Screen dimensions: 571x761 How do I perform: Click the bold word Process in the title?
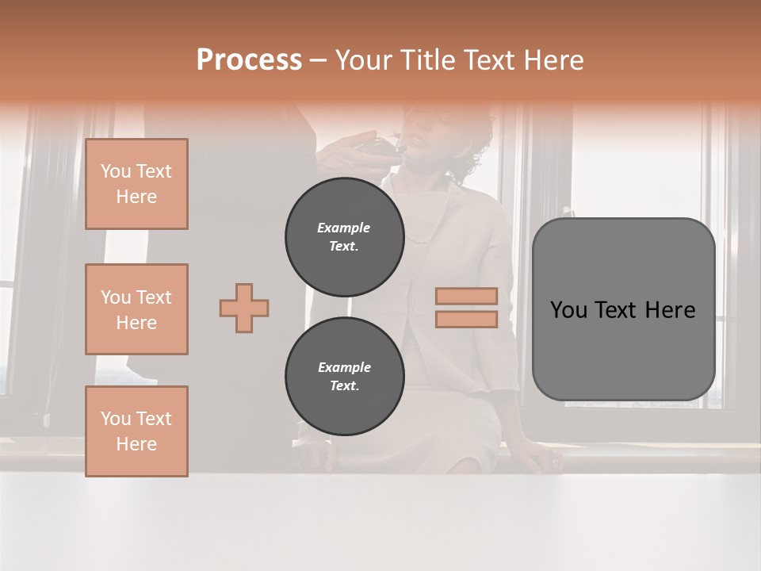click(x=249, y=60)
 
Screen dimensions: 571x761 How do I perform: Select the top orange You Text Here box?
click(x=136, y=184)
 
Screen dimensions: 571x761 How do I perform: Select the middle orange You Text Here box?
click(x=136, y=309)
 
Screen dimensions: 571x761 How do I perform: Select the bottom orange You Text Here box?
click(x=136, y=431)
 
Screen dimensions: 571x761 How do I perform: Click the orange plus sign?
click(x=244, y=308)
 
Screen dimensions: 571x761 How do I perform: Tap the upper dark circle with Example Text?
click(x=344, y=237)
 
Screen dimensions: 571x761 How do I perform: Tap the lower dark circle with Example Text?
click(x=344, y=377)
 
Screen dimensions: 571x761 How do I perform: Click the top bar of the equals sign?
click(x=467, y=296)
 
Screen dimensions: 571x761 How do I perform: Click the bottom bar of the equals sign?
click(x=467, y=320)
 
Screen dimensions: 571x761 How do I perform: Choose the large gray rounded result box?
click(x=623, y=308)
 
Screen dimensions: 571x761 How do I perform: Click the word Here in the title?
click(x=553, y=60)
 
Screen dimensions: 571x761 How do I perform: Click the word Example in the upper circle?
click(x=344, y=228)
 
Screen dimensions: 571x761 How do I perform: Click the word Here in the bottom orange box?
click(x=136, y=444)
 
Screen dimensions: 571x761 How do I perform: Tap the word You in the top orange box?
click(x=116, y=171)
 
